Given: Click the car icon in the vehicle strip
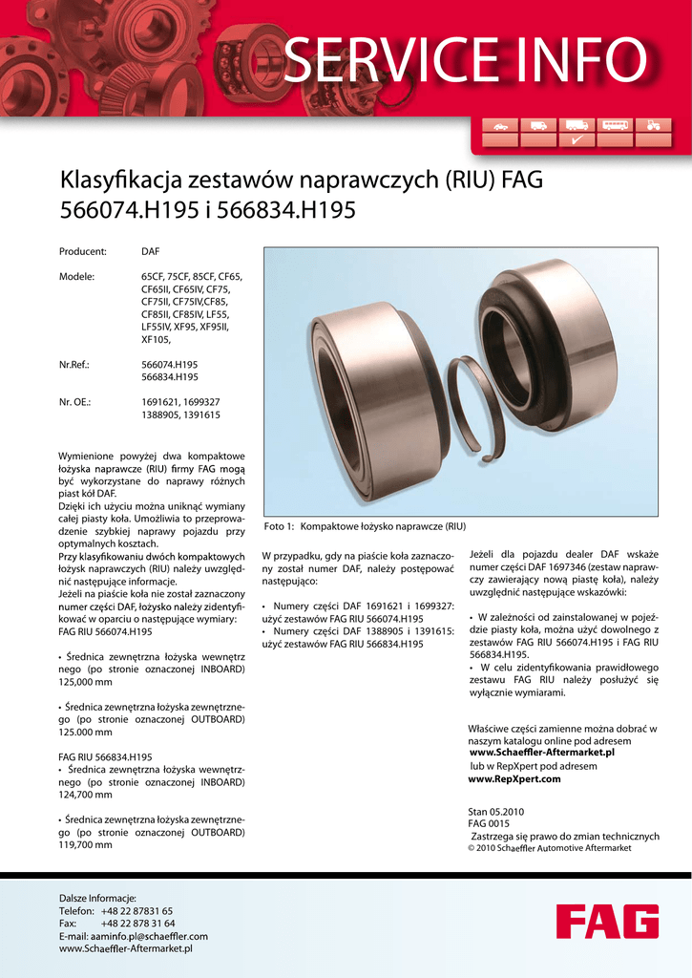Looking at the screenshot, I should (500, 125).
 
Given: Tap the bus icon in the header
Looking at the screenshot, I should (616, 125).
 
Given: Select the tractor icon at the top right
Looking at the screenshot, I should (653, 125).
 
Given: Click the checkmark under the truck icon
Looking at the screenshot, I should (577, 140).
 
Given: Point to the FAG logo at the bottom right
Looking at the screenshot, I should (607, 922).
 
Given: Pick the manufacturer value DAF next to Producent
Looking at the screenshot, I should (151, 252).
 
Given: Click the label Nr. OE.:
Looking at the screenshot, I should (75, 402).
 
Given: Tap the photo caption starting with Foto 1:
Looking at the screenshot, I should (365, 525).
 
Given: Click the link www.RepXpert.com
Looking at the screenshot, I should (514, 779).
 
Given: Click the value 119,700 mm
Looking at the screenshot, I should (86, 845).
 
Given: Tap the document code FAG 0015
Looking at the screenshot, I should (489, 823).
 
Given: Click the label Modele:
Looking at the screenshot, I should (77, 277).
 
